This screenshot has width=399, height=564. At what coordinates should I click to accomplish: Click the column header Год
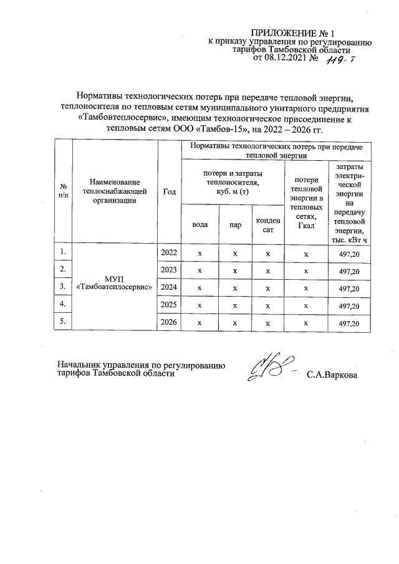click(x=169, y=192)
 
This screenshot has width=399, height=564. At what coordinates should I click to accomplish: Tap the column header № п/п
click(x=63, y=191)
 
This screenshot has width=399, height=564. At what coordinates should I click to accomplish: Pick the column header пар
click(x=235, y=225)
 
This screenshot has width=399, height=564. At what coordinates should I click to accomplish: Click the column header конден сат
click(x=268, y=225)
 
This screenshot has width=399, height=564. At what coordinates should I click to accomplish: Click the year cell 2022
click(x=169, y=253)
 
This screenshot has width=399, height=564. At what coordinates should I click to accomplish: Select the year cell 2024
click(x=169, y=288)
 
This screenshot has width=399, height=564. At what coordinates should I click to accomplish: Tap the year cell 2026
click(x=169, y=322)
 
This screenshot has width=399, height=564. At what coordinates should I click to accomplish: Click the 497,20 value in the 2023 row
click(x=349, y=272)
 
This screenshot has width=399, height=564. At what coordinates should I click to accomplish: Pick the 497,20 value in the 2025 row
click(x=349, y=306)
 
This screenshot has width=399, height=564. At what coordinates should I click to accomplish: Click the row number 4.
click(x=62, y=304)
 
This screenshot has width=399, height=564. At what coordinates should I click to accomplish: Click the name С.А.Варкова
click(x=333, y=375)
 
